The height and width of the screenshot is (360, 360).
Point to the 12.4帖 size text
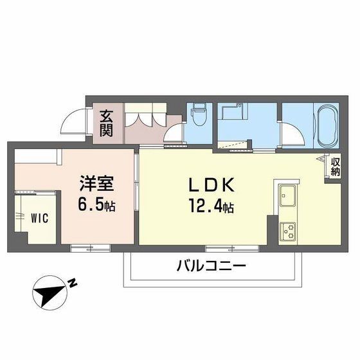211,207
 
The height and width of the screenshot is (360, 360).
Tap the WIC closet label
39,217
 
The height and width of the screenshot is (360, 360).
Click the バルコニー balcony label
211,265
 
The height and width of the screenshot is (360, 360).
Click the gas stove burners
286,230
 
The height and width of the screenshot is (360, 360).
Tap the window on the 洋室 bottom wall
90,247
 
